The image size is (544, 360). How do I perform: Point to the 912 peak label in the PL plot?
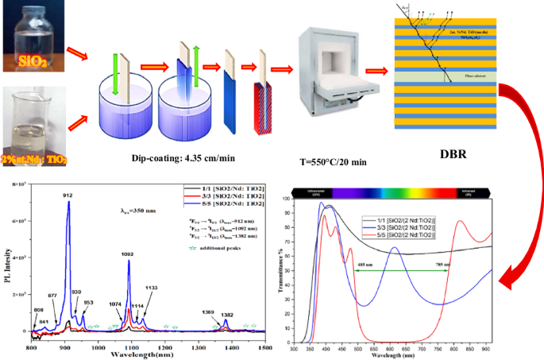point(68,195)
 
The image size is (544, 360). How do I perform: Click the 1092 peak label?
point(128,254)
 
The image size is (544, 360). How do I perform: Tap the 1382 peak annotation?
point(228,315)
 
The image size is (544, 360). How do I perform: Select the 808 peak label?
point(38,310)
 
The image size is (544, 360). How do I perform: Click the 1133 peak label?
point(152,288)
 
